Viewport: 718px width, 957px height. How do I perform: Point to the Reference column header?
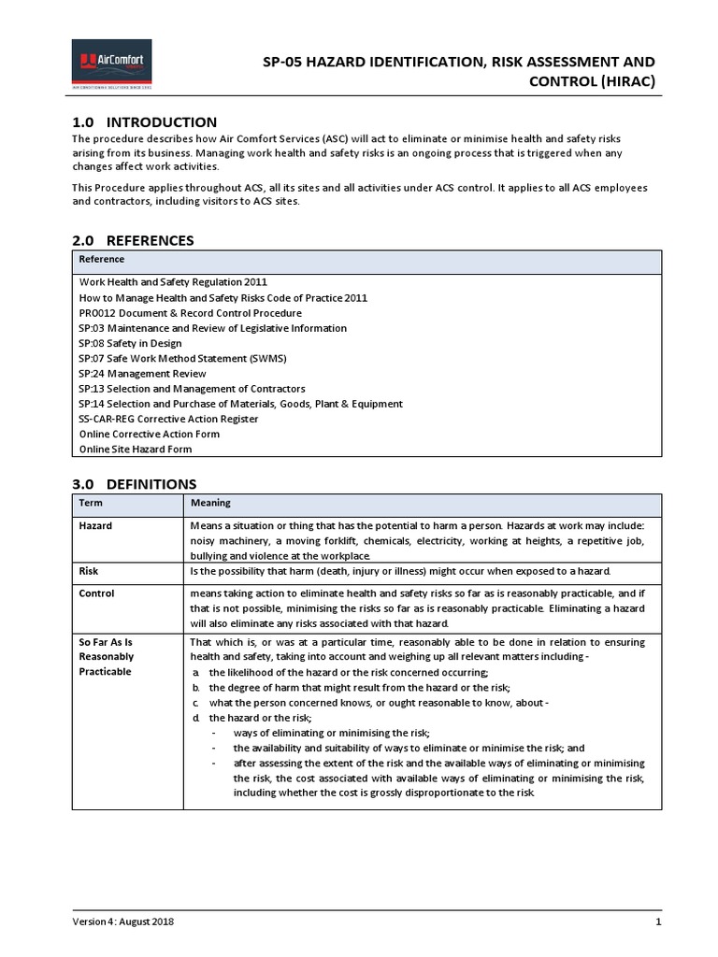[x=101, y=259]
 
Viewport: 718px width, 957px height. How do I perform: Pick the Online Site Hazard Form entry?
[x=135, y=449]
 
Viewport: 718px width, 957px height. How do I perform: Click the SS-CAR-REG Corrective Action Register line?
[x=168, y=419]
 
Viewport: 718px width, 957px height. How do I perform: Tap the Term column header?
[x=91, y=502]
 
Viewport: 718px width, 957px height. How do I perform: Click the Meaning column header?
[x=210, y=502]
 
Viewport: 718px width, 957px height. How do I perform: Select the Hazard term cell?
[x=95, y=525]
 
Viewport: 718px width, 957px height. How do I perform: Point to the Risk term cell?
[x=89, y=570]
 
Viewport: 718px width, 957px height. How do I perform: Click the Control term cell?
[x=96, y=593]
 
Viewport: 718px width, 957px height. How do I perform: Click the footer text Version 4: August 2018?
[x=122, y=921]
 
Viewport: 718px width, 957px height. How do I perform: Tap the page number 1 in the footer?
[x=658, y=921]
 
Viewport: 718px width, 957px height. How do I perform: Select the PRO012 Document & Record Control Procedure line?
[x=190, y=313]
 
